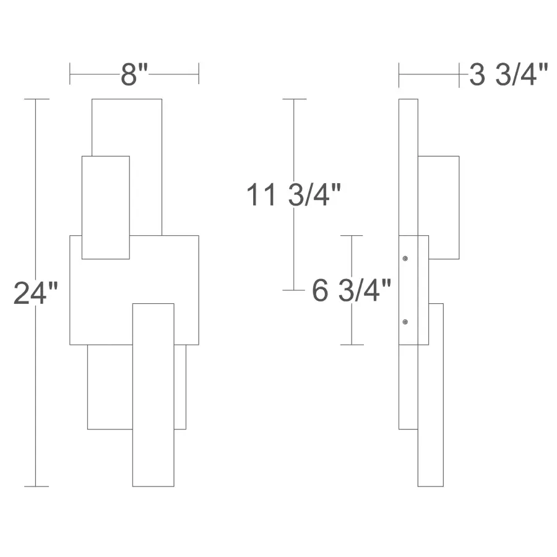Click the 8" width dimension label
click(134, 75)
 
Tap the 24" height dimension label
click(35, 293)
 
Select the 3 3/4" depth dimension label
click(509, 75)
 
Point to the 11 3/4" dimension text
click(293, 194)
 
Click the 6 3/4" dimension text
click(352, 290)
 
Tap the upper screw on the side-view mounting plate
click(405, 258)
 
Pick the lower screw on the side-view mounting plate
click(405, 322)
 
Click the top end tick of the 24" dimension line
click(37, 99)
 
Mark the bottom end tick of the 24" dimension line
click(37, 486)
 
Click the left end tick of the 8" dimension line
click(69, 74)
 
